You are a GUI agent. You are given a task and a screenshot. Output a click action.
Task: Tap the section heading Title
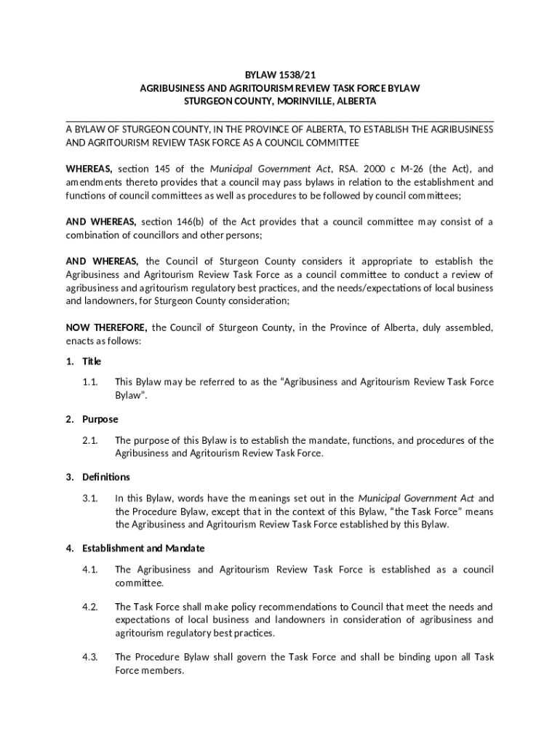[x=92, y=362]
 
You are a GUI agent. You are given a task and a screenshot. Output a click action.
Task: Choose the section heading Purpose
[x=100, y=420]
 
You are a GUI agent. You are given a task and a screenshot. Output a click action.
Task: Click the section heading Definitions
[x=106, y=477]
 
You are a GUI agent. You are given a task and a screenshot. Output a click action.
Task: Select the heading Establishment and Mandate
[x=143, y=548]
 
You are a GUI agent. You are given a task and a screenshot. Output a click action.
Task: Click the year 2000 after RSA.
[x=365, y=169]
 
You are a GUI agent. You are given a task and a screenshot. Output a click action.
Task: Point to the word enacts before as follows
[x=79, y=340]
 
